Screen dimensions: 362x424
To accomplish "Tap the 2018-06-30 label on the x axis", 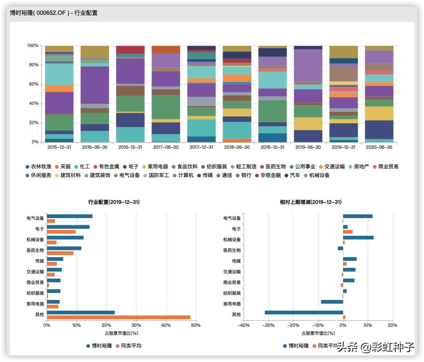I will (x=237, y=147).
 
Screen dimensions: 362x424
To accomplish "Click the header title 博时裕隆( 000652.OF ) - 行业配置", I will (x=54, y=13).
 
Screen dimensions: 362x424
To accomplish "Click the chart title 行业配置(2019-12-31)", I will (x=114, y=202).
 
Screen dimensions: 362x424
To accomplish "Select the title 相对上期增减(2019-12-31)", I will (x=310, y=202).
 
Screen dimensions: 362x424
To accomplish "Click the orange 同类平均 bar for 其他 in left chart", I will (x=118, y=317).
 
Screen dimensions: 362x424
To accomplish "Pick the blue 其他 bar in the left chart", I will (x=81, y=312).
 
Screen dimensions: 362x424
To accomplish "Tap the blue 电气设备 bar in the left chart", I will (x=69, y=216).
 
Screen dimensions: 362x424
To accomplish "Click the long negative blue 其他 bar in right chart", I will (x=304, y=312).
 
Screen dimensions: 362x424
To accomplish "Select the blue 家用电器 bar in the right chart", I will (x=332, y=302).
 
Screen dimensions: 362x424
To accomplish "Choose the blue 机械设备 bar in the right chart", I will (x=358, y=238).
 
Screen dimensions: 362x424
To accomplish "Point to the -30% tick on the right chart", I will (x=268, y=325).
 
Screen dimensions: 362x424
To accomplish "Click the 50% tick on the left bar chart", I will (x=195, y=325).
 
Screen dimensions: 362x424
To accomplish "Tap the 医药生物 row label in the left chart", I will (x=35, y=250).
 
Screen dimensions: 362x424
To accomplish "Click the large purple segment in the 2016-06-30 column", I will (x=94, y=85).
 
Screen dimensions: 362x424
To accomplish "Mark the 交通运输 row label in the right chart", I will (x=232, y=272).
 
